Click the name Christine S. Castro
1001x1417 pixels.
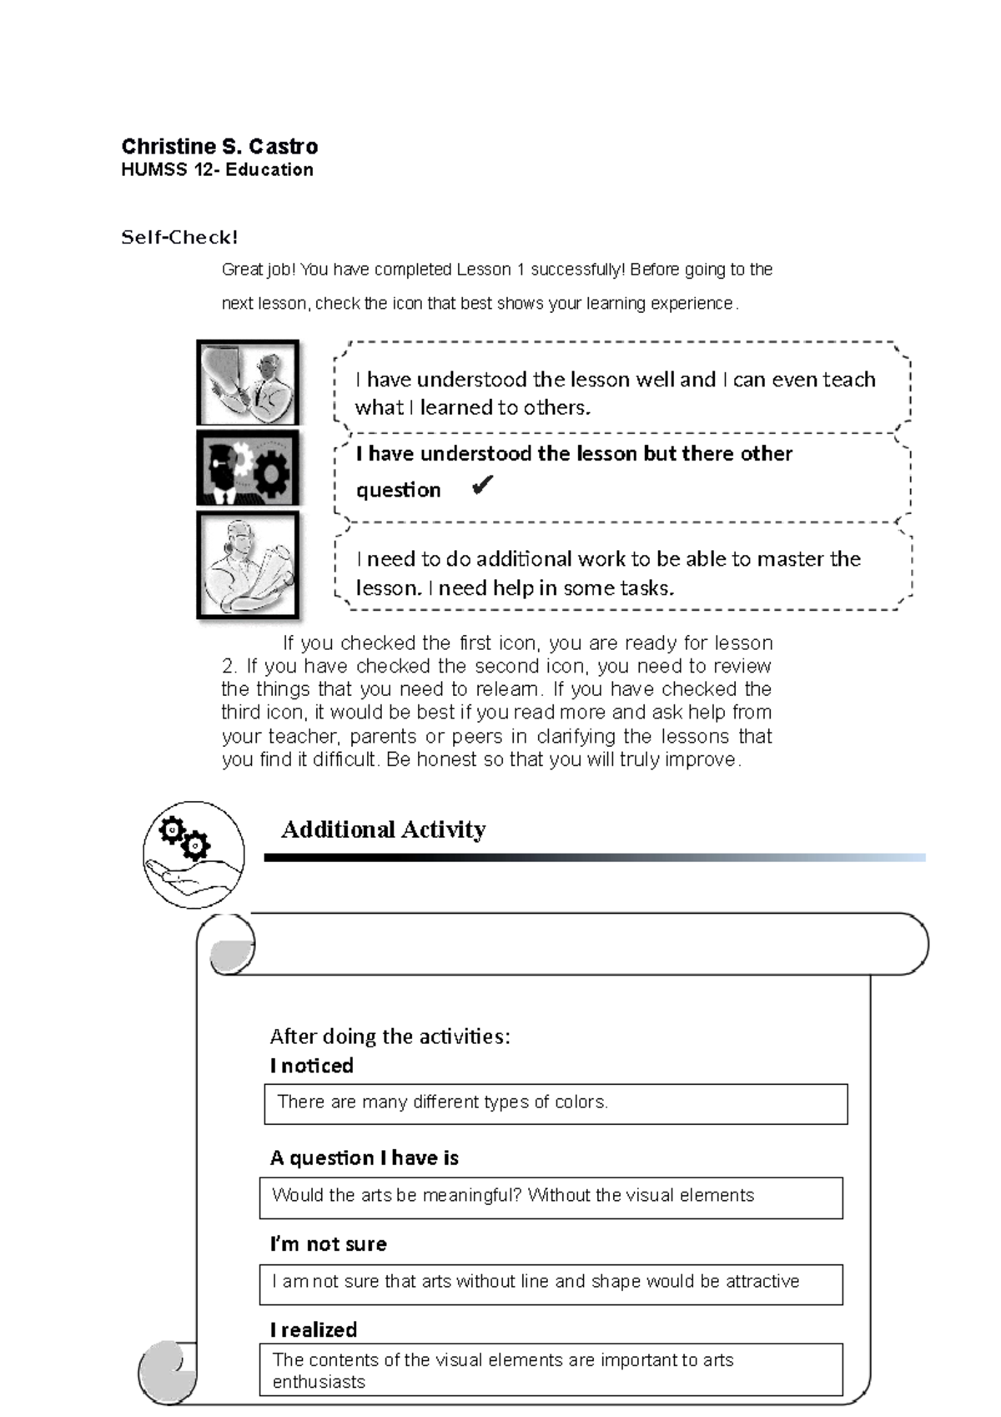coord(219,147)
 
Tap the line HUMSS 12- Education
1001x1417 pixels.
coord(217,170)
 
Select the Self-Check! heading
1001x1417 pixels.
coord(179,238)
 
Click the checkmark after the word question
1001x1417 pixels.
coord(482,486)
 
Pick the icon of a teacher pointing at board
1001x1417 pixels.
coord(248,383)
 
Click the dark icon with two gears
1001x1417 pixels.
coord(248,468)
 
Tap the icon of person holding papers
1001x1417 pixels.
coord(248,564)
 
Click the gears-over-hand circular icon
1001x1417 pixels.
coord(194,854)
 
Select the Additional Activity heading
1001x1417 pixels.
coord(383,830)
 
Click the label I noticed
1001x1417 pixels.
coord(311,1066)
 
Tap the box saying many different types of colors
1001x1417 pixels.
coord(555,1103)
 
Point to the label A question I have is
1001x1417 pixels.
coord(364,1157)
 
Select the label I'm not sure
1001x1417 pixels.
coord(328,1244)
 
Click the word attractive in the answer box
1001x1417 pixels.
coord(762,1281)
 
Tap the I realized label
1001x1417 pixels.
coord(313,1329)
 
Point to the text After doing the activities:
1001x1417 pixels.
coord(390,1036)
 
